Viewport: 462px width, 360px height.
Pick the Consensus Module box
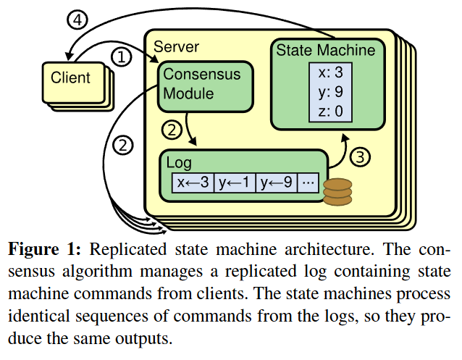201,84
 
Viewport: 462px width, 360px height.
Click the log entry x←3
193,182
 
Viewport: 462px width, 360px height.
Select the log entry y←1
235,182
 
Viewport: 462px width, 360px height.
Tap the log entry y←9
277,182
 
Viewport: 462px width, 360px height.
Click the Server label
176,46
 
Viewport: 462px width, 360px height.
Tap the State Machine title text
325,50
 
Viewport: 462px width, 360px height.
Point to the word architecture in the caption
317,250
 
